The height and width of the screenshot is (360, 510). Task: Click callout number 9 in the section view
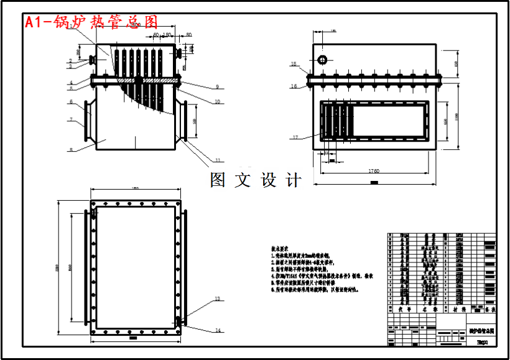tap(218, 86)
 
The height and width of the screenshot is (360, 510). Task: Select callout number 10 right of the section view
tap(218, 101)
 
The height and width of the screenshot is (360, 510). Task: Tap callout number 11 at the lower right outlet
tap(218, 160)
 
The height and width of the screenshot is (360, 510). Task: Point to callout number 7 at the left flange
tap(72, 119)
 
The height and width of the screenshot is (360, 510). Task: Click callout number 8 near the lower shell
tap(72, 149)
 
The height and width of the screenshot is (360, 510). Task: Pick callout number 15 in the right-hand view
tap(294, 63)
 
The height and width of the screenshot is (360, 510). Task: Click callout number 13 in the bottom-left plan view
tap(218, 299)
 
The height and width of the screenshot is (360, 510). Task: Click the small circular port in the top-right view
tap(323, 60)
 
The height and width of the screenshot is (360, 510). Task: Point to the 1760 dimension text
tap(374, 170)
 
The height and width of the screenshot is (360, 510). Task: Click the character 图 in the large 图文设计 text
tap(218, 180)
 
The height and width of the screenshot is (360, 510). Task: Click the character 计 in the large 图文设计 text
tap(293, 180)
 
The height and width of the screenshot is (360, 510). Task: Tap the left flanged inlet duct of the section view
tap(88, 119)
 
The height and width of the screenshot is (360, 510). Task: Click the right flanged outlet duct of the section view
tap(183, 119)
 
